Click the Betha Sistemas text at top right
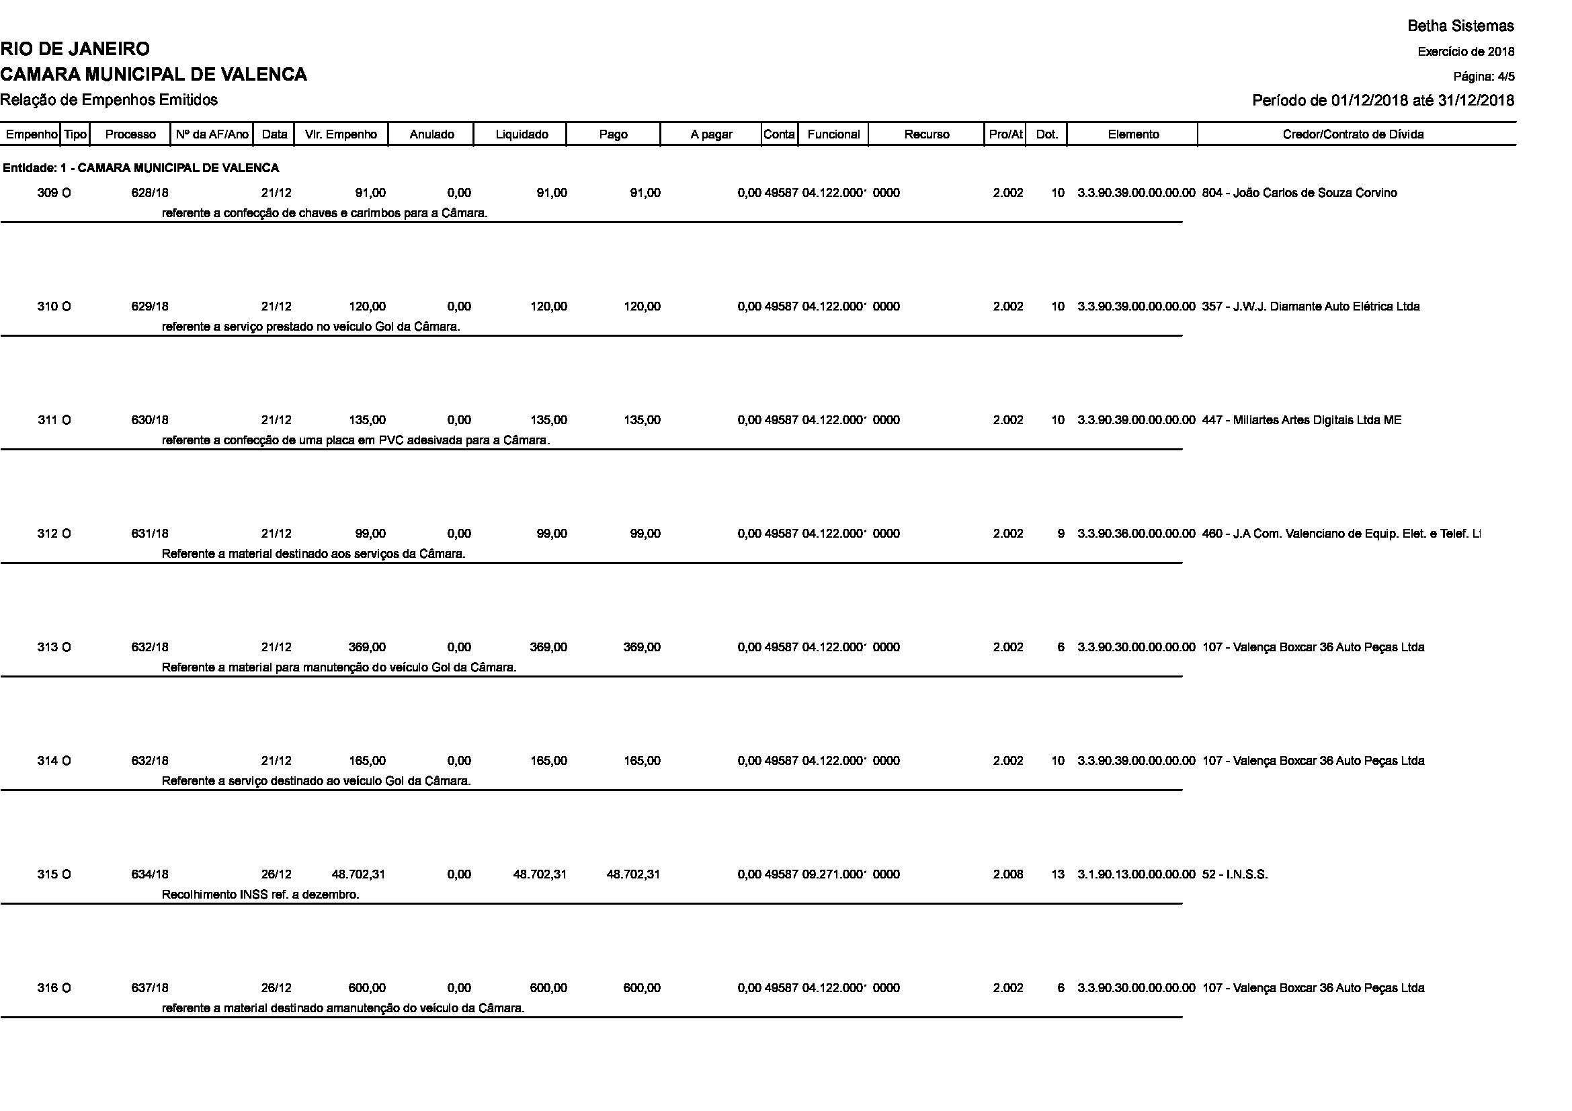(x=1460, y=26)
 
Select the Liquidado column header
(x=521, y=134)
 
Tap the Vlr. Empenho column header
(x=341, y=134)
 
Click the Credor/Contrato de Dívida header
(x=1353, y=134)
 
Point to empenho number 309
(x=47, y=193)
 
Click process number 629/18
(x=150, y=306)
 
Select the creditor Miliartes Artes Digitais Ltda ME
(x=1302, y=420)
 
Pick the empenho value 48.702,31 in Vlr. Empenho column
(x=359, y=874)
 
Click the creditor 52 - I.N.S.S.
(x=1235, y=874)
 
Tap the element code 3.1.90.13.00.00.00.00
(x=1136, y=874)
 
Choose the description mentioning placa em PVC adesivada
(x=356, y=440)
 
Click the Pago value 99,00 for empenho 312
(x=645, y=534)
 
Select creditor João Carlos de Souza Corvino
(x=1299, y=193)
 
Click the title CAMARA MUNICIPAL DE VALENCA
(x=153, y=75)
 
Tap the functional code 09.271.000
(x=833, y=874)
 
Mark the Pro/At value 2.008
(x=1008, y=874)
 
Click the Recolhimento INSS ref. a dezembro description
(x=260, y=895)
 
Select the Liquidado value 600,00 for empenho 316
(x=548, y=988)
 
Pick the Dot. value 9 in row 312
(x=1061, y=534)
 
